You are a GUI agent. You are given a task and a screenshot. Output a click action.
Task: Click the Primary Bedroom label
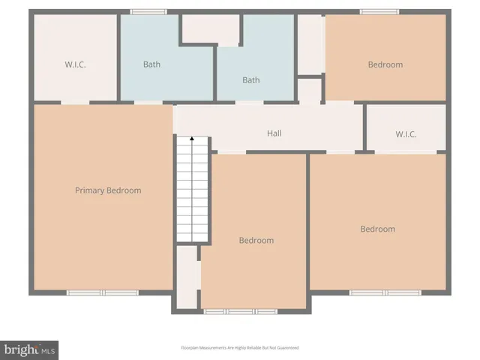coord(108,190)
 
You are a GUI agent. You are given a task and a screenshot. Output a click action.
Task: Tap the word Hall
coord(274,133)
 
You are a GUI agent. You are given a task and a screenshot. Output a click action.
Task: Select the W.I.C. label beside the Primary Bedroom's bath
coord(75,64)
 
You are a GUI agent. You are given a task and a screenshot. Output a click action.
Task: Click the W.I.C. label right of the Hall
coord(406,135)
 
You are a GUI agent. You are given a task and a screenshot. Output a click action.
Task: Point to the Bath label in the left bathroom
coord(151,64)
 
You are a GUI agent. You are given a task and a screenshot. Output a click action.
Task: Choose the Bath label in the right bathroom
coord(250,80)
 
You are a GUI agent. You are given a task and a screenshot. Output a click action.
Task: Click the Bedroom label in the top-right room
coord(385,64)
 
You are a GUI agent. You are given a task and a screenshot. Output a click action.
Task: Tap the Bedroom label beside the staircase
coord(256,241)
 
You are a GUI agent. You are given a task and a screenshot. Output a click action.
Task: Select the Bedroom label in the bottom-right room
coord(377,229)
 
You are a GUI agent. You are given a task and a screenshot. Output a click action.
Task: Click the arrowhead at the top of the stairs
coord(192,139)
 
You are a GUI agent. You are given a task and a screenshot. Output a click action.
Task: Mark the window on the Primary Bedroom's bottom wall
coord(103,292)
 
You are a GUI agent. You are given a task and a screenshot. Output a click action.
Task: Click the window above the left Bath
coord(148,11)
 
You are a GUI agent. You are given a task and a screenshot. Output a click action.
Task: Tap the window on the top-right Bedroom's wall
coord(379,11)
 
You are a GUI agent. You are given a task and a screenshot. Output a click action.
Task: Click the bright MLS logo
coord(30,349)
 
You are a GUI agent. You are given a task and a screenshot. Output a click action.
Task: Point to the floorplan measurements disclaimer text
coord(240,348)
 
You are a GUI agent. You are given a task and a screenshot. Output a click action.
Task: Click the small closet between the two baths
coord(211,28)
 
